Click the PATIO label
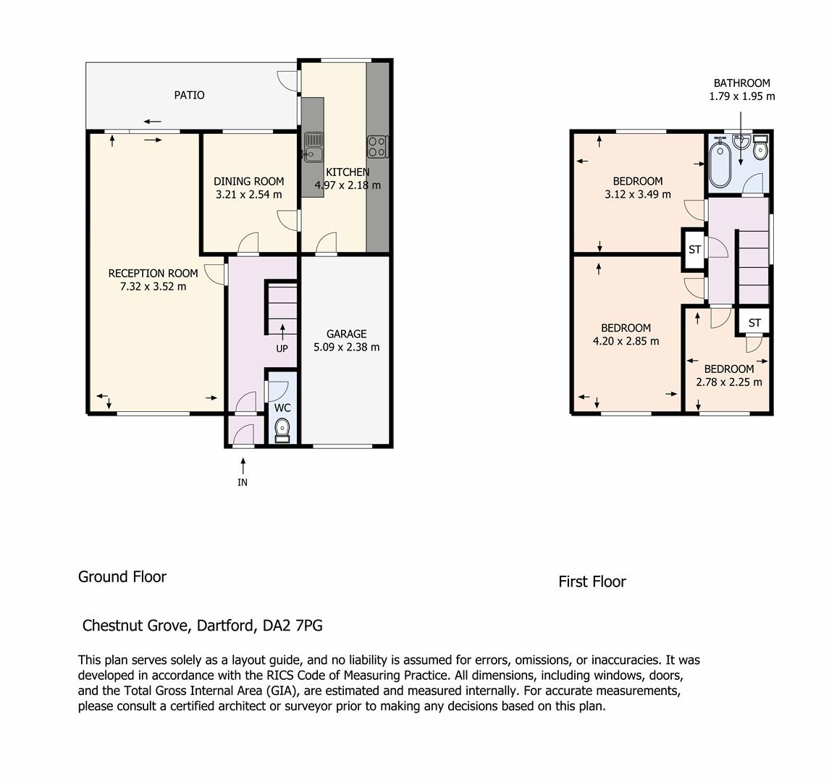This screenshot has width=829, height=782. click(x=189, y=95)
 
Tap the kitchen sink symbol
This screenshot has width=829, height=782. click(x=313, y=146)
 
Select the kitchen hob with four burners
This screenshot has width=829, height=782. click(x=377, y=146)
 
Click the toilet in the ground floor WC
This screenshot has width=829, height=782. click(x=282, y=430)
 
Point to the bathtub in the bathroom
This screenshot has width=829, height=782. click(x=720, y=161)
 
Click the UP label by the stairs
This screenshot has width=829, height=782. click(x=282, y=348)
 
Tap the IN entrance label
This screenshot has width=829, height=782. click(x=243, y=482)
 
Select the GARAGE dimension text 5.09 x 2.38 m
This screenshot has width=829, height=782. click(x=347, y=348)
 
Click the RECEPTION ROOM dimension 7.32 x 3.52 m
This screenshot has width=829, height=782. click(x=153, y=287)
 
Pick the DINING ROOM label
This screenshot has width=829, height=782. click(x=249, y=181)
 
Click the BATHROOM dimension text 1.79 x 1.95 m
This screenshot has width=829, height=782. click(x=742, y=96)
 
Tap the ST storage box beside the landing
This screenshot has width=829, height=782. click(x=695, y=250)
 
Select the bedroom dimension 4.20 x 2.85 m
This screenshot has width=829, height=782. click(x=626, y=341)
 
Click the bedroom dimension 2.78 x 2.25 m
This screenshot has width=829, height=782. click(x=729, y=382)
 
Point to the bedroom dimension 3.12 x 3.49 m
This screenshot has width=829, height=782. click(x=638, y=194)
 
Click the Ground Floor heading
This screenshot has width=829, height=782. click(x=122, y=577)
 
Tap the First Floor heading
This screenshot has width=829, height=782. click(x=592, y=582)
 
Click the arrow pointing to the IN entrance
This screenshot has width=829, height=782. click(x=243, y=466)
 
